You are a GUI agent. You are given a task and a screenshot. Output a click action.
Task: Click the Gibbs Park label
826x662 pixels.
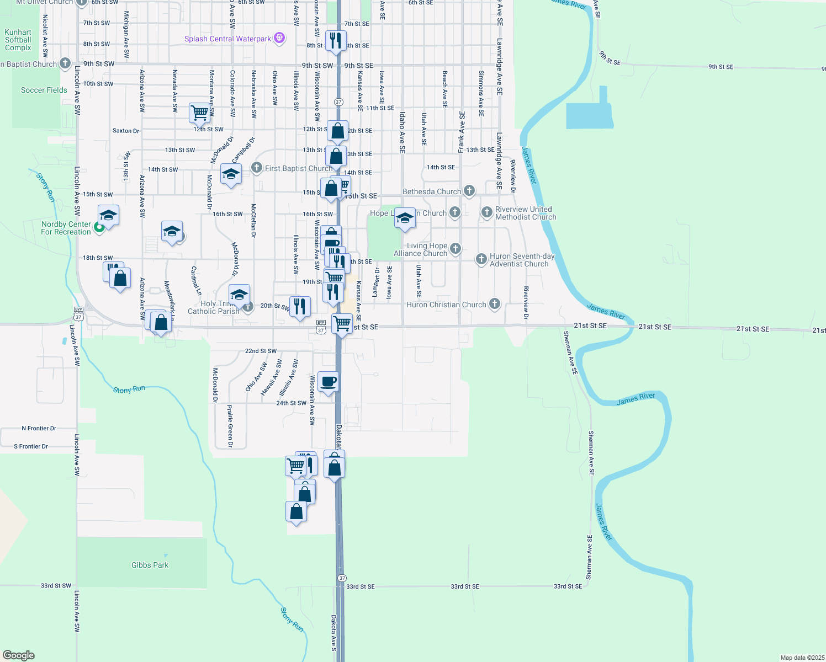pos(150,565)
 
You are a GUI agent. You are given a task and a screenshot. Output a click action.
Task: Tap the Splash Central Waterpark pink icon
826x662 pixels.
pos(280,38)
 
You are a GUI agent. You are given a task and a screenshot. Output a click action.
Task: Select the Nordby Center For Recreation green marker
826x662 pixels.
pos(99,227)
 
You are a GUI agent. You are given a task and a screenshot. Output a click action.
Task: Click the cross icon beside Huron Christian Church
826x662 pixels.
pos(495,303)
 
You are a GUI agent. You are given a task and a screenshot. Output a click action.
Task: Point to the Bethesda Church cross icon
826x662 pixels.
pos(469,191)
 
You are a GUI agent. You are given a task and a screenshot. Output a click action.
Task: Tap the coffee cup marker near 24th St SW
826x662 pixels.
pos(328,382)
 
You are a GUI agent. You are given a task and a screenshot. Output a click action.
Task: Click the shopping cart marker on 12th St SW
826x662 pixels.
pos(199,113)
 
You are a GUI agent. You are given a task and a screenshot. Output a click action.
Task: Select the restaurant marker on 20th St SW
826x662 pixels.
pos(300,306)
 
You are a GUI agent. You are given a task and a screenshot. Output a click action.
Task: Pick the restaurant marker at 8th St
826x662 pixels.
pos(336,41)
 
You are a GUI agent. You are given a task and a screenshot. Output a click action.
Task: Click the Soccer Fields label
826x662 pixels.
pos(44,90)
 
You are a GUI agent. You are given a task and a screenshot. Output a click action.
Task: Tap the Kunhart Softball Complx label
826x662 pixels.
pos(18,40)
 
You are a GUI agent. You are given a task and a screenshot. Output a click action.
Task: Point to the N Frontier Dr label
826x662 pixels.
pos(39,428)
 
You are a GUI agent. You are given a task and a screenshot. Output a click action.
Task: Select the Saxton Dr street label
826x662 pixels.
pos(126,131)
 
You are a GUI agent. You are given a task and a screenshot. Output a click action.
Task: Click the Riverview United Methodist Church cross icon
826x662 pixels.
pos(486,212)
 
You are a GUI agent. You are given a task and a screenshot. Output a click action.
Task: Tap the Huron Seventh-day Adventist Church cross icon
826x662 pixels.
pos(481,259)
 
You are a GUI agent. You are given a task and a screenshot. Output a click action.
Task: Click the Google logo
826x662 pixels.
pos(19,655)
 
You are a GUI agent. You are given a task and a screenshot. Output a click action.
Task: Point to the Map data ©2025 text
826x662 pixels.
pos(802,658)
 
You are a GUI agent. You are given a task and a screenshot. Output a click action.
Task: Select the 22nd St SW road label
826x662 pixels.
pos(261,351)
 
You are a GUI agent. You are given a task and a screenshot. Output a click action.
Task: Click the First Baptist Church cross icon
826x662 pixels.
pos(257,168)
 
